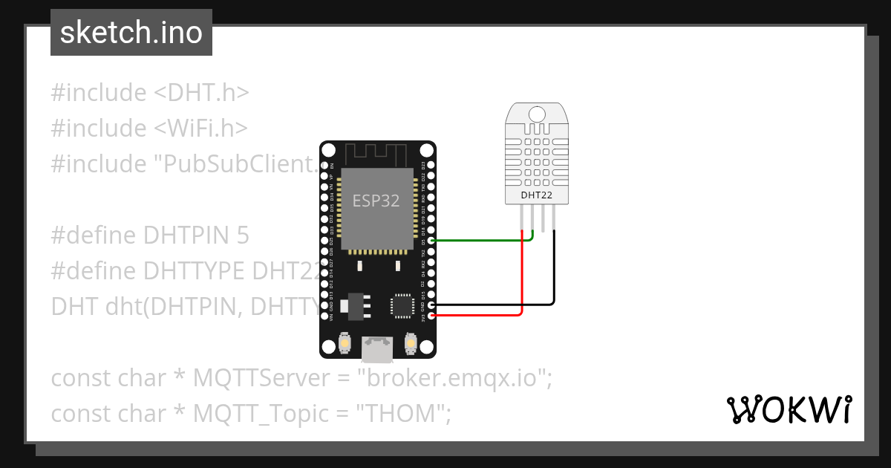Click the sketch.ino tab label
click(x=131, y=33)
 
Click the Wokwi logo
click(x=789, y=409)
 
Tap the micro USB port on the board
click(x=377, y=347)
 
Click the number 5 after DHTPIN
click(x=243, y=235)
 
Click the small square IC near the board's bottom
click(x=402, y=305)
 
